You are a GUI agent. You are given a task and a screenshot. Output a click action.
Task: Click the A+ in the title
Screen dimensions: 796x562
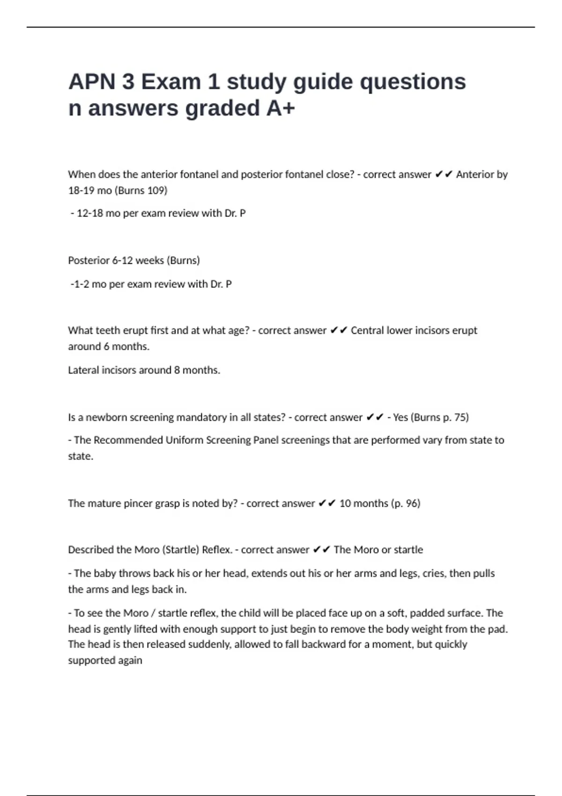[281, 108]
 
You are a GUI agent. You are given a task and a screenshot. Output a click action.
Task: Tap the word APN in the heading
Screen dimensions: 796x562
[92, 82]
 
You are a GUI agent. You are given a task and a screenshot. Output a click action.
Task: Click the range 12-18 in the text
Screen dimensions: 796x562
[89, 214]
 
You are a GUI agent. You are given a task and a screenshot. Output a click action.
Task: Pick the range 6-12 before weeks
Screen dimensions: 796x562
[122, 260]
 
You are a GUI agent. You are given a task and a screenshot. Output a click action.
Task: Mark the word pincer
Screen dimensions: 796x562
[138, 503]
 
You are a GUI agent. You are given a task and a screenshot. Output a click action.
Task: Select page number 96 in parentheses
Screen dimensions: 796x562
[412, 503]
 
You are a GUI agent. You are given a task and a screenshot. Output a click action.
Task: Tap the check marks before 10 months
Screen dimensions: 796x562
[327, 503]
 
